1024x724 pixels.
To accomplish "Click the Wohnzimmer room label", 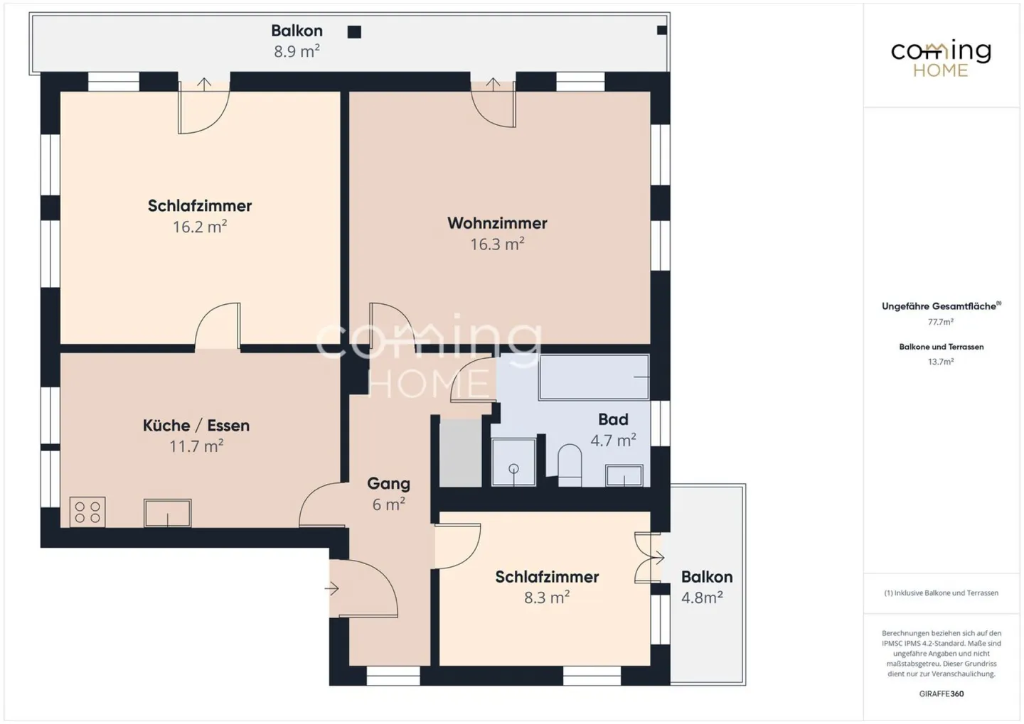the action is pos(497,223).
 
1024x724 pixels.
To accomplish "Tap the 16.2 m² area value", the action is pos(200,227).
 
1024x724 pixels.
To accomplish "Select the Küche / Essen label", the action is pos(196,426).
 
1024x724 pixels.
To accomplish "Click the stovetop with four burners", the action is pos(87,512).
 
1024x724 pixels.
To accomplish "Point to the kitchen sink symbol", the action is pos(167,513).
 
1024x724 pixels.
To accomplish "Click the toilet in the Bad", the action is pos(570,465).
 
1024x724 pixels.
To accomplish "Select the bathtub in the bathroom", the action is pos(594,377).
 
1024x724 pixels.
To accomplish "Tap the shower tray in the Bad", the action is pos(513,462).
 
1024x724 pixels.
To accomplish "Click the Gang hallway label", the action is pos(388,483).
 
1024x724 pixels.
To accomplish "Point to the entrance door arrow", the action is pos(331,589).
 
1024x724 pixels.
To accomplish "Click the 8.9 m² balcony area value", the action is pos(297,51).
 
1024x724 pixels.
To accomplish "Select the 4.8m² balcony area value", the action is pos(702,598).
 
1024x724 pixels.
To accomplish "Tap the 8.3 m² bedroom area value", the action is pos(547,598).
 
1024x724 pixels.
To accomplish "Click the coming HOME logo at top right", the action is pos(942,59).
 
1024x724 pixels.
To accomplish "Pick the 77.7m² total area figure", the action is pos(941,322).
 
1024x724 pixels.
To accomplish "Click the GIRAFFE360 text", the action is pos(942,694).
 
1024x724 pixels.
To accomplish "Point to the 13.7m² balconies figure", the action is pos(941,362).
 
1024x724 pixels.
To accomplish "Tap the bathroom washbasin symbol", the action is pos(624,475).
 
